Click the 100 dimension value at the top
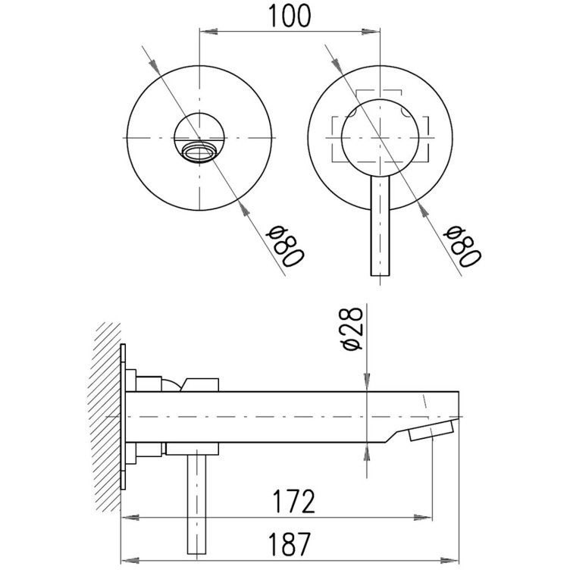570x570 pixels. coord(290,16)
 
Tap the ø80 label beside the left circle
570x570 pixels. coord(285,246)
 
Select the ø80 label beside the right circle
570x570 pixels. coord(462,246)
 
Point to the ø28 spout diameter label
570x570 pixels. coord(352,329)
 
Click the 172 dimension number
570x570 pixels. coord(294,502)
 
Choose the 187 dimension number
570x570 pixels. coord(290,543)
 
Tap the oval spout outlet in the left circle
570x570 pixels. coord(199,152)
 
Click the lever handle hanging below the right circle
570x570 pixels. coord(380,226)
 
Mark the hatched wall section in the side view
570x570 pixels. coord(105,417)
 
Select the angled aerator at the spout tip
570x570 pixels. coord(431,430)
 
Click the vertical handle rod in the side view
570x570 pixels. coord(196,504)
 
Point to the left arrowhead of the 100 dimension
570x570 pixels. coord(208,32)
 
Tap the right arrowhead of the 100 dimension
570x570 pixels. coord(371,32)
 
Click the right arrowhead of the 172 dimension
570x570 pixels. coord(423,517)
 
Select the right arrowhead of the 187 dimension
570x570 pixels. coord(449,560)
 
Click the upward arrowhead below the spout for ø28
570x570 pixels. coord(366,452)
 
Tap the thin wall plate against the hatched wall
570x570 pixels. coord(123,417)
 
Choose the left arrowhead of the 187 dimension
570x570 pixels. coord(130,560)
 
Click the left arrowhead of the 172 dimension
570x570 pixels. coord(130,517)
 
